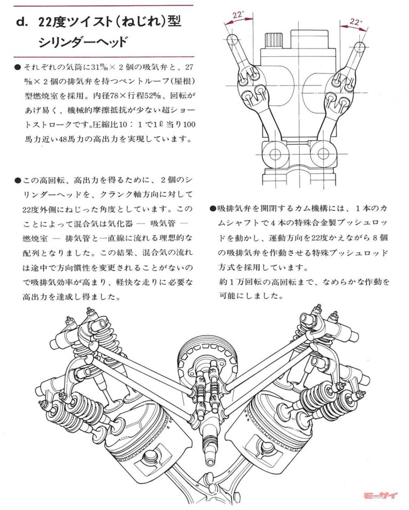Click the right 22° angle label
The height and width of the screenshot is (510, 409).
[x=356, y=22]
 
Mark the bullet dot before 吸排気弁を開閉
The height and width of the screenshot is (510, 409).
[x=213, y=209]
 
